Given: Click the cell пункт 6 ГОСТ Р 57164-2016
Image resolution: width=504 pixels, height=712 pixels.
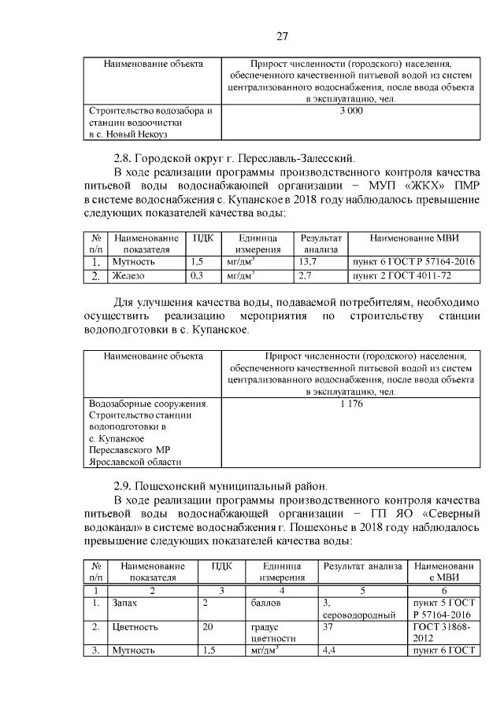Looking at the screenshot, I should click(413, 262).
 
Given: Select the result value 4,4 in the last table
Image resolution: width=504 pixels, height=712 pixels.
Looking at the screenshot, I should click(329, 651).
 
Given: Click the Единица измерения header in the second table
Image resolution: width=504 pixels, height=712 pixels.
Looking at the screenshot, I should click(253, 243).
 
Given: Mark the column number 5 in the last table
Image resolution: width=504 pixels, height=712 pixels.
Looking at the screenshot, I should click(362, 590).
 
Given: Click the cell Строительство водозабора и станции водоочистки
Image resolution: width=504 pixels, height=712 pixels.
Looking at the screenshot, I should click(151, 123).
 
